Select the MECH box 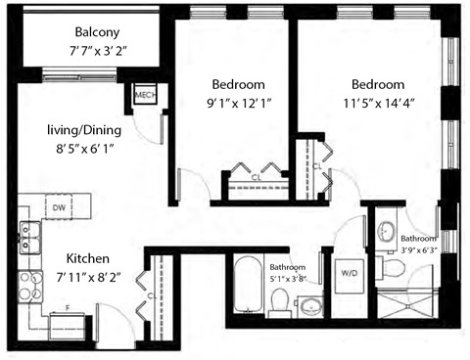[x=145, y=95]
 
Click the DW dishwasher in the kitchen [x=59, y=206]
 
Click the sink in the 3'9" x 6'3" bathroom [x=385, y=233]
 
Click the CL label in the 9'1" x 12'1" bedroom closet [x=254, y=178]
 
